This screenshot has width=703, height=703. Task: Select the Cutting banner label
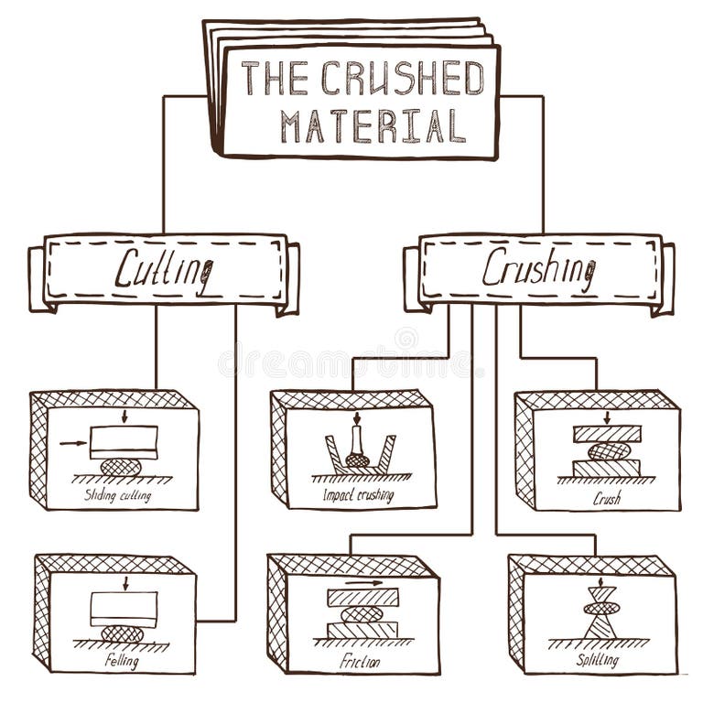164,268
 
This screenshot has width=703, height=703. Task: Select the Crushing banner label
538,268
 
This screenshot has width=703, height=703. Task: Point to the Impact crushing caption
358,495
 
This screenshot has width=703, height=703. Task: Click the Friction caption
358,660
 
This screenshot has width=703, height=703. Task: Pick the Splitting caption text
598,660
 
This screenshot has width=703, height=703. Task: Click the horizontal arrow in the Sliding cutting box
72,444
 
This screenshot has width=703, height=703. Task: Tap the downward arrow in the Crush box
606,417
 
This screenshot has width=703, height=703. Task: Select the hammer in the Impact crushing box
357,449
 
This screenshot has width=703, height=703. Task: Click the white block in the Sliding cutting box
124,442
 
